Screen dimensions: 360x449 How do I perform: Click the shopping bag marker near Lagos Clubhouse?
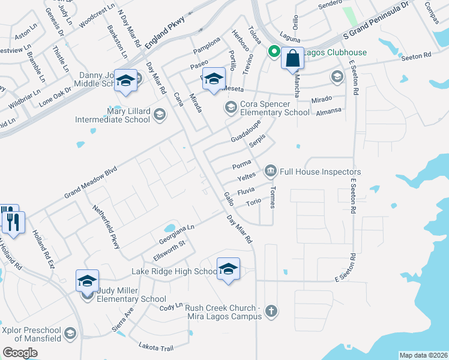click(x=292, y=59)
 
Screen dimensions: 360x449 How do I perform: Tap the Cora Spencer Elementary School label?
click(x=274, y=108)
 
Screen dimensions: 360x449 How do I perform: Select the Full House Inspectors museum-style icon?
click(x=270, y=172)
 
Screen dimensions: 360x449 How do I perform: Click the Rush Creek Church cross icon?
click(x=271, y=311)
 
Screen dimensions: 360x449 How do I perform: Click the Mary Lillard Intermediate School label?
click(x=112, y=115)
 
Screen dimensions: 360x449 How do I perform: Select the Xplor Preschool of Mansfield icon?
click(x=70, y=334)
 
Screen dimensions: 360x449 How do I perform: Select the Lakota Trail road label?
click(x=155, y=347)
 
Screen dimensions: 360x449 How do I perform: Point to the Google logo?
click(x=20, y=353)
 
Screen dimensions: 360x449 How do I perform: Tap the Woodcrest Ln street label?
click(x=96, y=14)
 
